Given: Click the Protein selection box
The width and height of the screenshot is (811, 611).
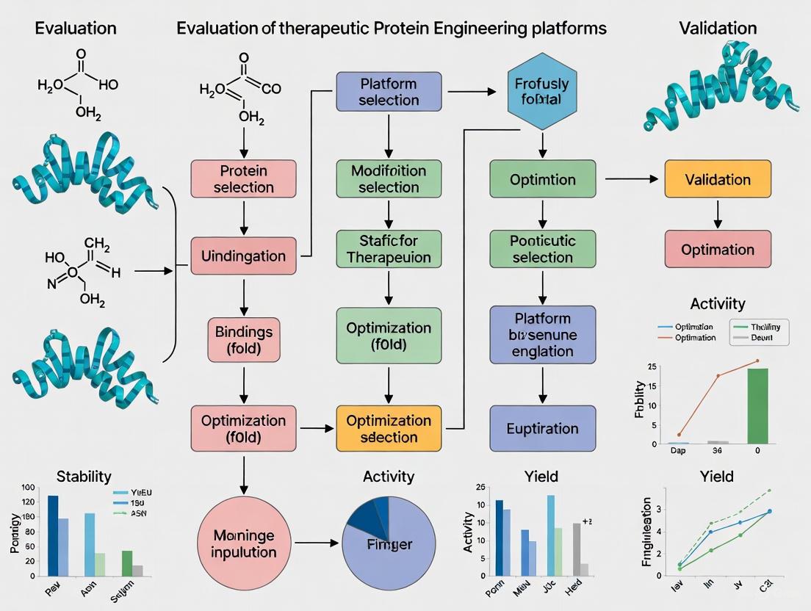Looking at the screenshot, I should pos(243,178).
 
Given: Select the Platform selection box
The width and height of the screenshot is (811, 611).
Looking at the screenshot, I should pos(388,91).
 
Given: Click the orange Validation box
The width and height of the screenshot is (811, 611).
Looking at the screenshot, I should pos(718,179).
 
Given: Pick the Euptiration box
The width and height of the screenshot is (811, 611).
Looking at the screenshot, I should pos(542,428).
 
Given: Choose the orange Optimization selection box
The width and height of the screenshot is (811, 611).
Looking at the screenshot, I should pos(389,428).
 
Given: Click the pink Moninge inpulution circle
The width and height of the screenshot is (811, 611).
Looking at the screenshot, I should pos(245,543).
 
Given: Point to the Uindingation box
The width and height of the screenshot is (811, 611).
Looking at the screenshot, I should pos(243,256).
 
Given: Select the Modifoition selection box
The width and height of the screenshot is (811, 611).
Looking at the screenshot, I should pos(389,178).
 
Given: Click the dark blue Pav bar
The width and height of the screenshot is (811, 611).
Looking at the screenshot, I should pos(53,535).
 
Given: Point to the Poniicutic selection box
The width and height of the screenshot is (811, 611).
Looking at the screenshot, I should pos(542,249).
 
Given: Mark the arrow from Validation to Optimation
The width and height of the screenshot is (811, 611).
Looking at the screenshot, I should pos(718,214).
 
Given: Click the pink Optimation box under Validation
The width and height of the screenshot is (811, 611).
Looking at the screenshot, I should pos(718,249).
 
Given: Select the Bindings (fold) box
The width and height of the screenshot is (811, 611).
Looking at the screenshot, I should pos(243,340).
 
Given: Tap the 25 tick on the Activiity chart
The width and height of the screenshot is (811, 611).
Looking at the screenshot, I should pos(651,367).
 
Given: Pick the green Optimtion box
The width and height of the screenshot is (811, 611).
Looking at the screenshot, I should pos(542,179).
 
